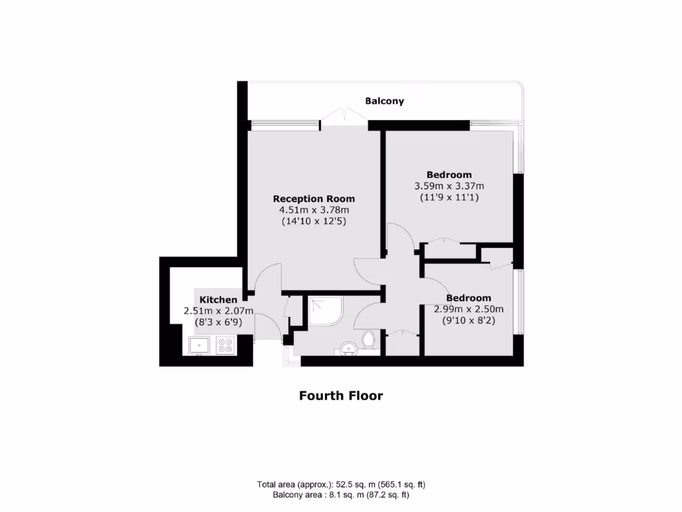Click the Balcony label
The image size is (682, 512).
point(384,101)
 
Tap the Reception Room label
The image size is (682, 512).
point(314,199)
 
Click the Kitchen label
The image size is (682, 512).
point(218,300)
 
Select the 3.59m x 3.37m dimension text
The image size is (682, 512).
point(449,186)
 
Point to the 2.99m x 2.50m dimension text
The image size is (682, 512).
point(469,309)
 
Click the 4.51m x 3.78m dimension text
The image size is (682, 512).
point(314,210)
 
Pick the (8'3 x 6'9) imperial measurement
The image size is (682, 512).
point(218,321)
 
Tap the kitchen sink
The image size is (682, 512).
point(199,345)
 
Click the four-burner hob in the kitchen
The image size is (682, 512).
point(225,345)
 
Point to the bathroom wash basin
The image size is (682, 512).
point(347,349)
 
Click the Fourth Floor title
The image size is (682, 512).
point(341,395)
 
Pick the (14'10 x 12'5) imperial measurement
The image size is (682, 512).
point(314,221)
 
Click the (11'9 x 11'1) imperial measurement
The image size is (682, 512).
point(449,197)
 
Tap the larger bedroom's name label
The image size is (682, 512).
point(449,175)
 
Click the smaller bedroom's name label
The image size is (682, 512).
point(469,298)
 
